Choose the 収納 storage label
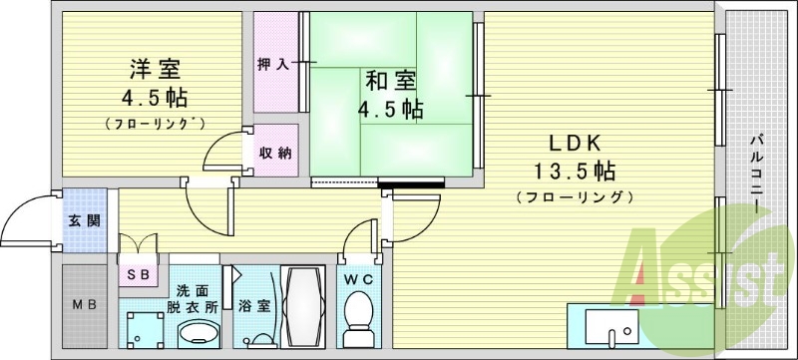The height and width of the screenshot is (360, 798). click(275, 153)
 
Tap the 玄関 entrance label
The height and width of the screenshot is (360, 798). click(84, 220)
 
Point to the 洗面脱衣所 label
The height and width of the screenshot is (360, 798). click(197, 299)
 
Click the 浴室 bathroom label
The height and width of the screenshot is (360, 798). click(253, 306)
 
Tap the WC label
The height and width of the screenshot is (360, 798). click(358, 281)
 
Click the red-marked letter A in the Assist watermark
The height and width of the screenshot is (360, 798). click(650, 274)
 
